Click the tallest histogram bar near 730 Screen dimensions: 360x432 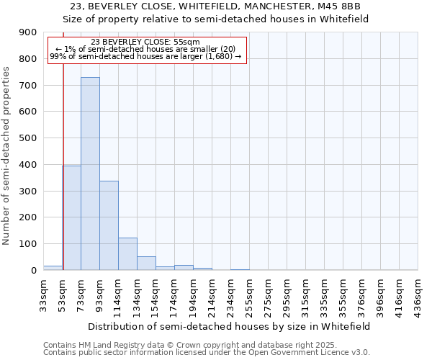pyautogui.click(x=90, y=174)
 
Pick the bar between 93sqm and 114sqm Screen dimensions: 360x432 pyautogui.click(x=109, y=225)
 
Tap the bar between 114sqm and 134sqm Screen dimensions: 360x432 pyautogui.click(x=127, y=253)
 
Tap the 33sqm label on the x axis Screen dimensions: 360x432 pyautogui.click(x=43, y=293)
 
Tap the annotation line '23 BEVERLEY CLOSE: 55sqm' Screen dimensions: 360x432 pyautogui.click(x=146, y=42)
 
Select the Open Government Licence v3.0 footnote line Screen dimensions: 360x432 pyautogui.click(x=207, y=353)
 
